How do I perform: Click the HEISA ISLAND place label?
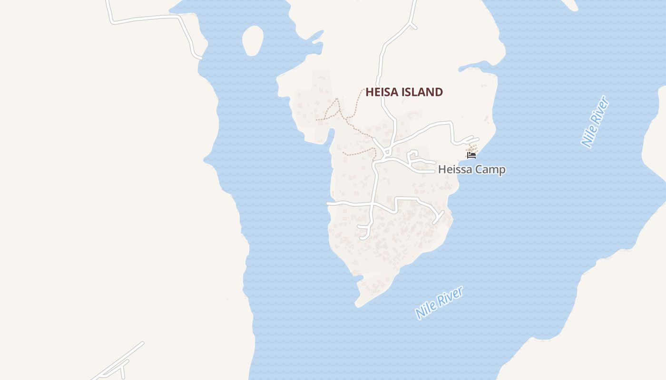(404, 92)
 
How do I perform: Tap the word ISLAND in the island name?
(421, 92)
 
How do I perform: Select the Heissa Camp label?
(471, 170)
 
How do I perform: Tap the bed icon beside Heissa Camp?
(471, 155)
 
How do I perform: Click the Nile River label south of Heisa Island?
(439, 303)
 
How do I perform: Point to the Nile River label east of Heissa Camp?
(595, 121)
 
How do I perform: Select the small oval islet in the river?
(253, 40)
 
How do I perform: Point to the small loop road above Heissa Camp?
(412, 156)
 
